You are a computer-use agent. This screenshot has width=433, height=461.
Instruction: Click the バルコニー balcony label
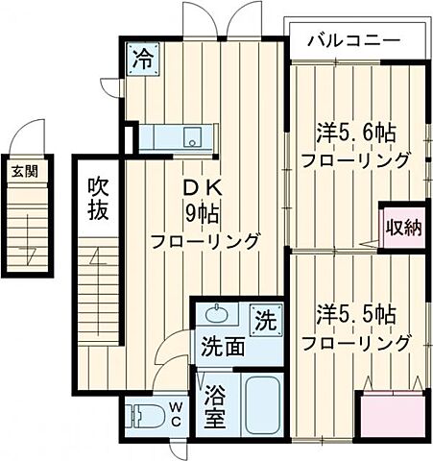[x=353, y=41]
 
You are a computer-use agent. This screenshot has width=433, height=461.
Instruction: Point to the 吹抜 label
[x=98, y=197]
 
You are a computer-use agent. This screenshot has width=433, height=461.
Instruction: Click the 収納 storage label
[x=404, y=228]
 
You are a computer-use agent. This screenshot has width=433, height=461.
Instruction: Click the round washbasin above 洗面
[x=217, y=314]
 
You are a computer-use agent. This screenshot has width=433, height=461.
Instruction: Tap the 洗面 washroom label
[x=223, y=346]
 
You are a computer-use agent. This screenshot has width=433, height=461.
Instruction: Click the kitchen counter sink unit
[x=181, y=137]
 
